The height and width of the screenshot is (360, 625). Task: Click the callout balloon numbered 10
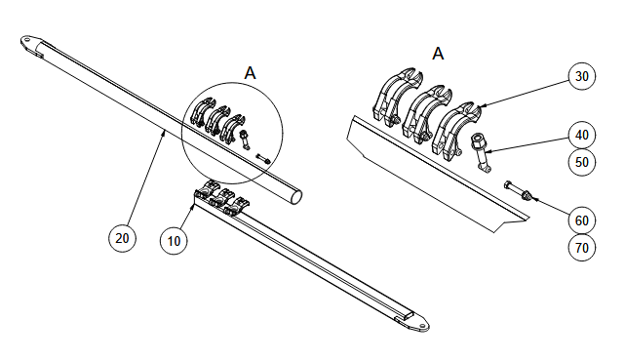pos(174,241)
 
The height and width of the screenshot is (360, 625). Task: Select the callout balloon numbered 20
pos(122,238)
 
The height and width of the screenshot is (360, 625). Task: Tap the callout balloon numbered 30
pos(582,76)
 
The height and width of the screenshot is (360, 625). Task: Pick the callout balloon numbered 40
pos(582,135)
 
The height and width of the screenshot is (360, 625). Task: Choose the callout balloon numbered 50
pos(582,162)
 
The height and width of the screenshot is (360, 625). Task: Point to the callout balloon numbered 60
pos(582,220)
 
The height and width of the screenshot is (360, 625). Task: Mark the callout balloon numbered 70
pos(582,248)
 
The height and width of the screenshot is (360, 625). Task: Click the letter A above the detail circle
pos(250,73)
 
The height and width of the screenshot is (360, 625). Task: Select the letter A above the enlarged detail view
pos(438,53)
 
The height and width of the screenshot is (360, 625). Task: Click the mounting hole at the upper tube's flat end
pos(27,40)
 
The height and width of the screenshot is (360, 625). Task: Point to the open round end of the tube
pos(296,197)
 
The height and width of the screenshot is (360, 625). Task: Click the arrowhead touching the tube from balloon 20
pos(163,133)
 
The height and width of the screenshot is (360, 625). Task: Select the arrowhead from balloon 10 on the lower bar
pos(193,207)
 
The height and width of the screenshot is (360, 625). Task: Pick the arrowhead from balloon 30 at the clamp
pos(481,105)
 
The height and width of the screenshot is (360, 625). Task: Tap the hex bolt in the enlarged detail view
pos(515,189)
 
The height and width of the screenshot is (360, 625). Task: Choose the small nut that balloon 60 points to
pos(527,195)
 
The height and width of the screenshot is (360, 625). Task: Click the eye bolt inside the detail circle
pos(244,140)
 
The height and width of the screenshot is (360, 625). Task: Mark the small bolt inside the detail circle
pos(263,158)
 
